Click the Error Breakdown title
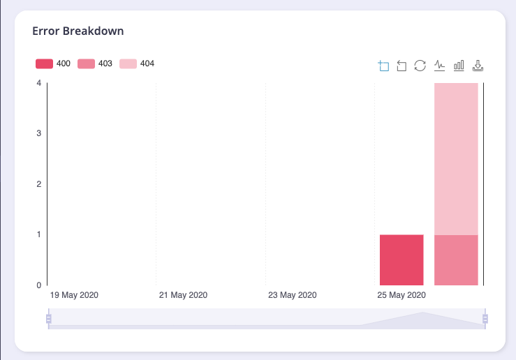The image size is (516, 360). coord(78,31)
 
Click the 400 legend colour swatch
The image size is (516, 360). coord(44,64)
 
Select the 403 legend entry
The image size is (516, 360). coord(95,64)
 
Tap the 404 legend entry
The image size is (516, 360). coord(137,64)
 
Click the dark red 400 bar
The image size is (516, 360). coord(401,260)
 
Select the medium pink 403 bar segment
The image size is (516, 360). coord(456,260)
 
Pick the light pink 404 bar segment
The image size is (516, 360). coord(456,158)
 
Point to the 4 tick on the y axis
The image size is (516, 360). coord(38,83)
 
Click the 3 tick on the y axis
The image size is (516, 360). coord(38,133)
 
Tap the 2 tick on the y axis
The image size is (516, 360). coord(38,184)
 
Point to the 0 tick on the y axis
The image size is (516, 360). coord(38,285)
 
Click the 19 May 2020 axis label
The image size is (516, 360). coord(74,295)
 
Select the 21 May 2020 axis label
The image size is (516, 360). coord(183,295)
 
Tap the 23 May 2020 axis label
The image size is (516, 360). coord(293,295)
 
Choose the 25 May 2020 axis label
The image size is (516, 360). coord(401,295)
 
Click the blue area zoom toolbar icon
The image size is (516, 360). coord(383,66)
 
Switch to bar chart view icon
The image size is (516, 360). coord(459,66)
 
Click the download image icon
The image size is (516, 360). coord(478,66)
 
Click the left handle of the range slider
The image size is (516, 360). coord(48,319)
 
